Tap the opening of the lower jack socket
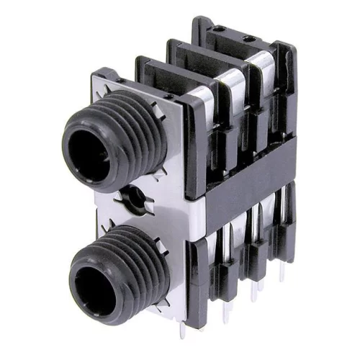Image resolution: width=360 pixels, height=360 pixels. pyautogui.click(x=95, y=276)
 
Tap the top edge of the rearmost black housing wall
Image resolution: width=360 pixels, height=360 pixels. pyautogui.click(x=238, y=25)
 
